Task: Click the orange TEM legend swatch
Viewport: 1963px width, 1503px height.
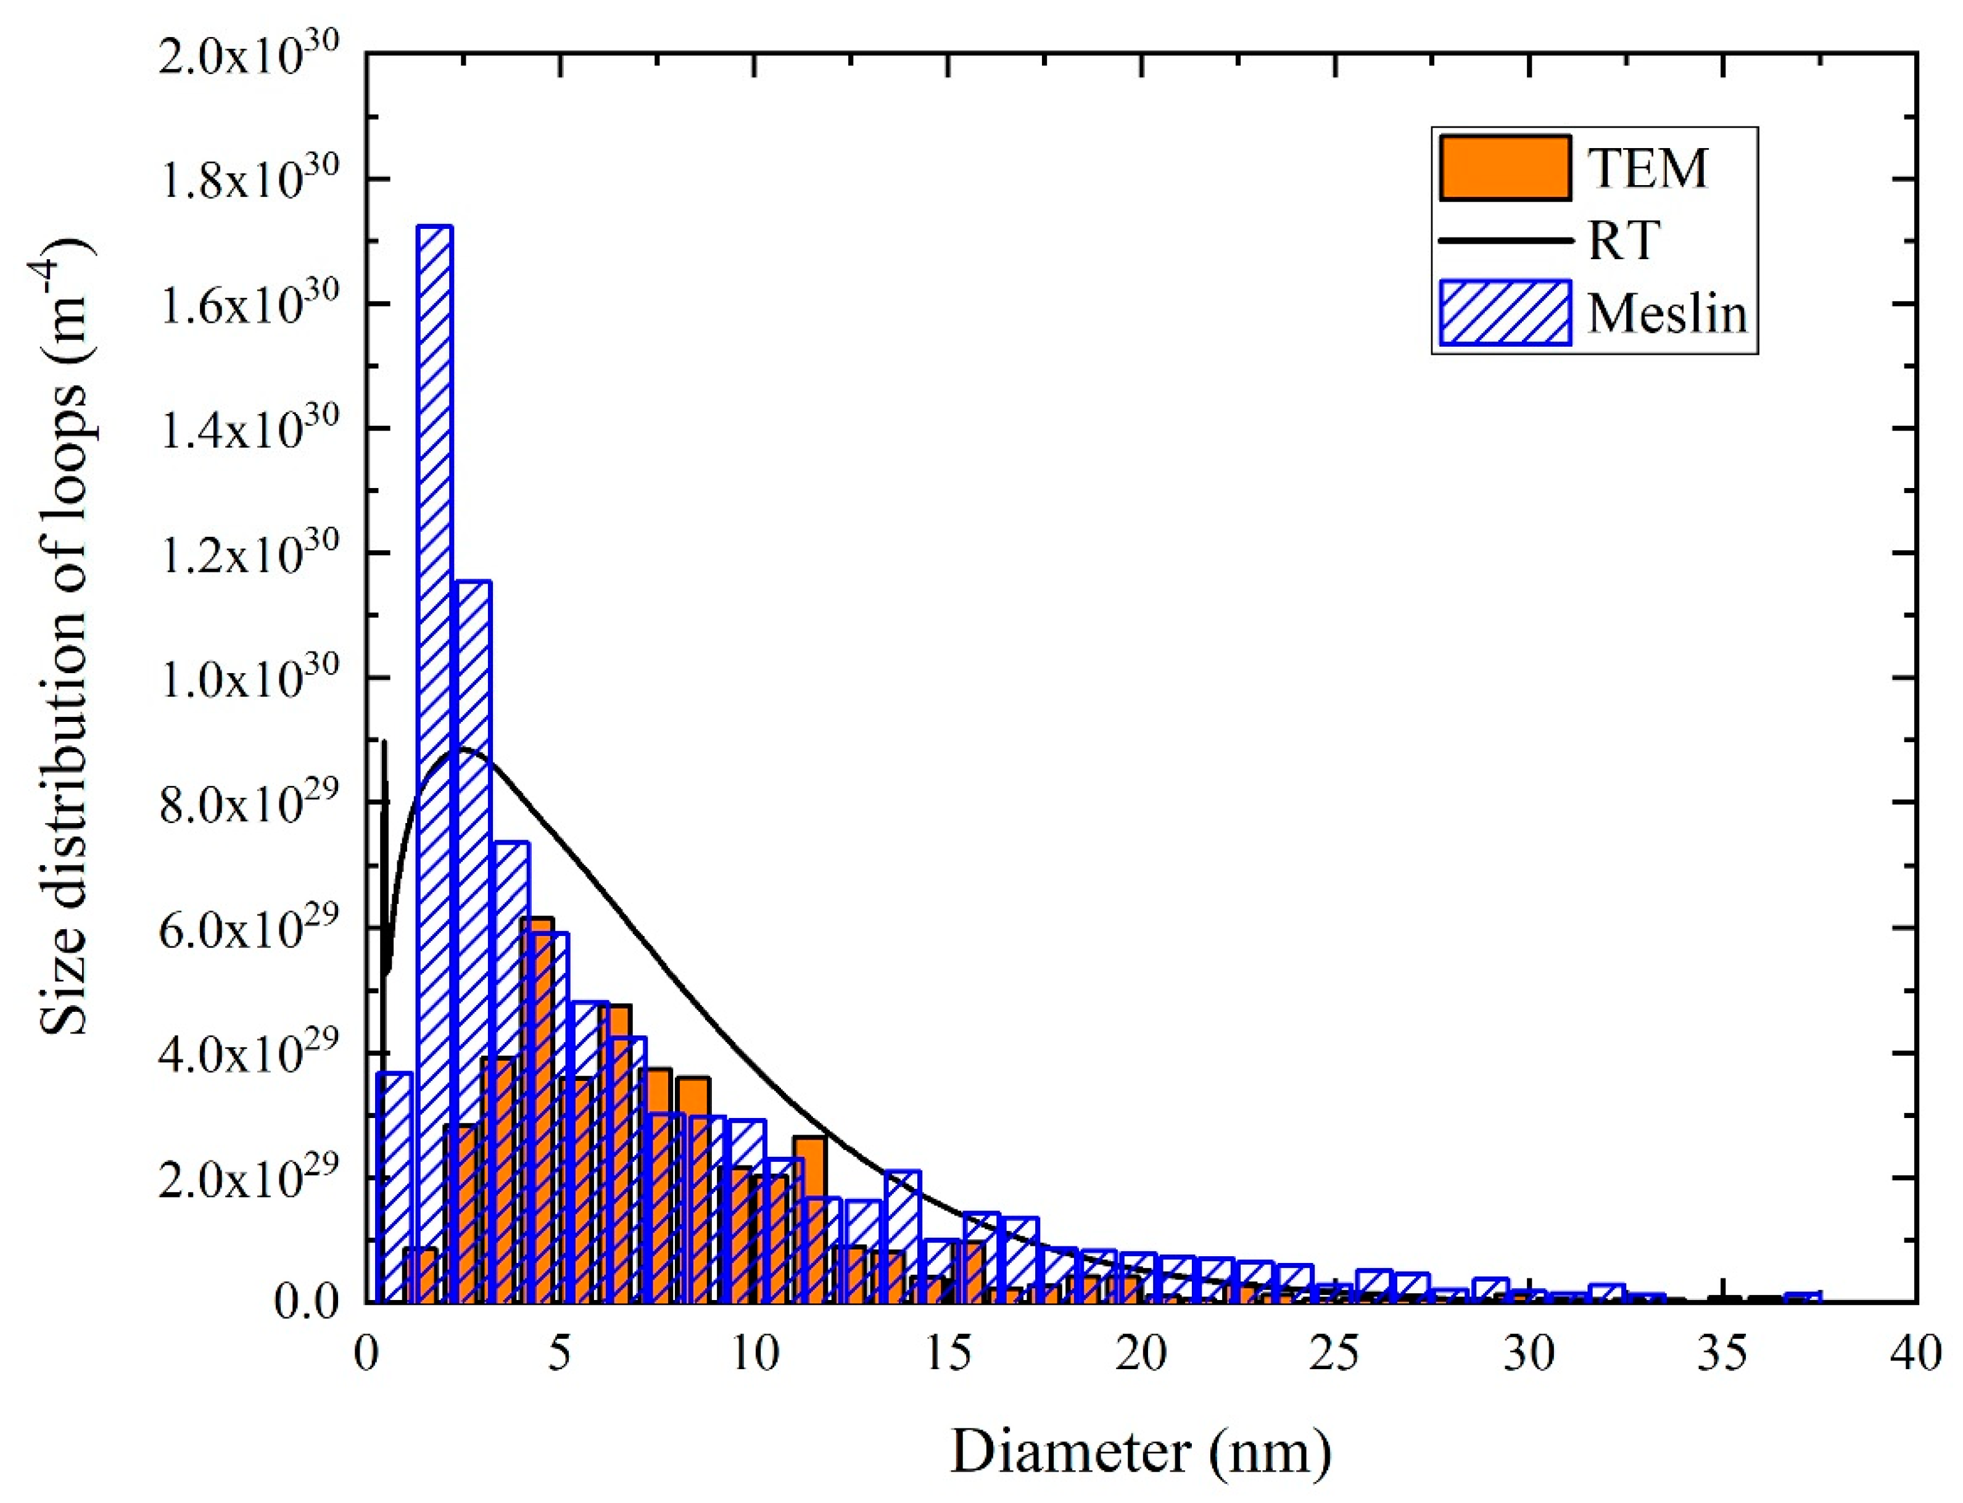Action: tap(1505, 167)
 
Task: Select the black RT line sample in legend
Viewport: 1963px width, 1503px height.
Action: tap(1505, 240)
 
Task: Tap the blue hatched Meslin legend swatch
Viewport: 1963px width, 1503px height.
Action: tap(1505, 312)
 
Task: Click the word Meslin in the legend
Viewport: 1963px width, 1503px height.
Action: tap(1667, 313)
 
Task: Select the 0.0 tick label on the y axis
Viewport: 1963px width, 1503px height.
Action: tap(307, 1302)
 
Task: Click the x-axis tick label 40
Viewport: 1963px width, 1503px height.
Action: tap(1915, 1354)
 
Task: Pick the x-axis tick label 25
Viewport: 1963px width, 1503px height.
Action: tap(1335, 1354)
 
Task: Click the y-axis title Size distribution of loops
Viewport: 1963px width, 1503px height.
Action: tap(67, 636)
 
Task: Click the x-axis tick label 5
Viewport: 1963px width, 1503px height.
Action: tap(559, 1354)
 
